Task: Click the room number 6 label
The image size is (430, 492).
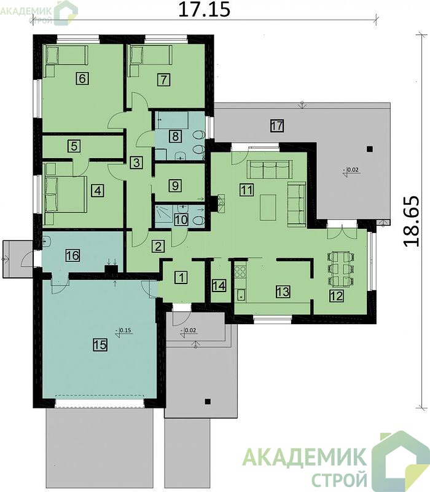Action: pyautogui.click(x=82, y=78)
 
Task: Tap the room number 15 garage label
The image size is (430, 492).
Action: pyautogui.click(x=100, y=345)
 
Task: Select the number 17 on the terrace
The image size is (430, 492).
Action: pyautogui.click(x=277, y=126)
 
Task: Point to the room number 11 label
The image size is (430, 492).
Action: pyautogui.click(x=247, y=190)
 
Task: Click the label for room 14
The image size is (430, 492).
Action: pyautogui.click(x=219, y=286)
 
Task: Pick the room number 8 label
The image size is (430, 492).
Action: pyautogui.click(x=175, y=137)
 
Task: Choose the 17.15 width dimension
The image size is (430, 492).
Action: pyautogui.click(x=205, y=10)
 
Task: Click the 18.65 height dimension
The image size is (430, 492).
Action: pyautogui.click(x=410, y=221)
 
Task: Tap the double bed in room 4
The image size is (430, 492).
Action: pyautogui.click(x=66, y=194)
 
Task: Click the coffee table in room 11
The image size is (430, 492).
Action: pyautogui.click(x=268, y=207)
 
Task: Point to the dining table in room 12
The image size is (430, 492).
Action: pyautogui.click(x=341, y=269)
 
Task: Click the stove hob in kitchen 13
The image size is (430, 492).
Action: pyautogui.click(x=240, y=272)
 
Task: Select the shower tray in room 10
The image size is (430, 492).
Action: pyautogui.click(x=163, y=213)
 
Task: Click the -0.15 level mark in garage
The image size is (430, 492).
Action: pyautogui.click(x=123, y=331)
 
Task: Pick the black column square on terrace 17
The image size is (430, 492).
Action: pyautogui.click(x=370, y=149)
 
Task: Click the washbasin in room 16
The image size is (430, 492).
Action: pyautogui.click(x=47, y=242)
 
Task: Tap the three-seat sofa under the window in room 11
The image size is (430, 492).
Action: pyautogui.click(x=270, y=169)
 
